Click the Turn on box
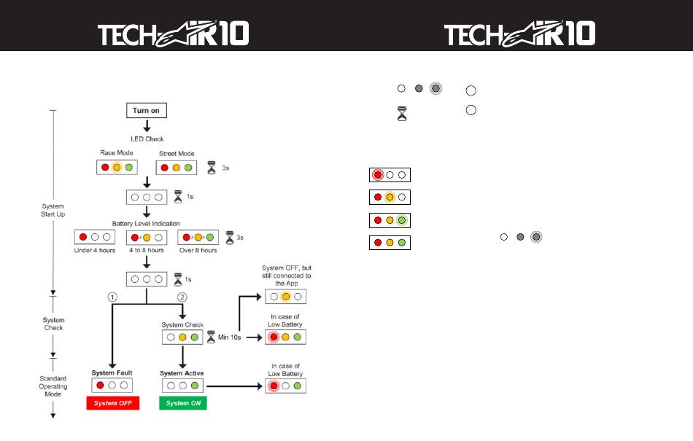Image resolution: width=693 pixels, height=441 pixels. [x=147, y=110]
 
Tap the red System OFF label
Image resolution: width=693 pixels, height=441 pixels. [x=112, y=403]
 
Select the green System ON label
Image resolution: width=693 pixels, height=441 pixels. [x=183, y=403]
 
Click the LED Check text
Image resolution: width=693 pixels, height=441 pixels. [x=147, y=139]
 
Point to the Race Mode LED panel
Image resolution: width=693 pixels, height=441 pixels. [x=117, y=168]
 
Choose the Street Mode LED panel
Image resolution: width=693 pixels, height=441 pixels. [x=177, y=168]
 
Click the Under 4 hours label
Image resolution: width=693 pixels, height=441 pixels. [x=95, y=250]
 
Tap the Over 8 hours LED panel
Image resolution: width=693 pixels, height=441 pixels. [x=198, y=238]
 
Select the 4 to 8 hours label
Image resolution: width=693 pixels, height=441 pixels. [x=147, y=250]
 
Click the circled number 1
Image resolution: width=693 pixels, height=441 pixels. [x=112, y=297]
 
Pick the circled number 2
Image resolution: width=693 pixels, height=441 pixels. [x=182, y=297]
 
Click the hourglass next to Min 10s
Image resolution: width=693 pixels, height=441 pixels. [x=212, y=337]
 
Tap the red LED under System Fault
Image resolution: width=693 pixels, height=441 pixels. [x=101, y=386]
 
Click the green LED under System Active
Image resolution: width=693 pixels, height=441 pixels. [x=195, y=386]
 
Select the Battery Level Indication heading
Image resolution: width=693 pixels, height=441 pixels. [x=146, y=224]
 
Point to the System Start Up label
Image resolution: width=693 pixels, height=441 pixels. [x=53, y=210]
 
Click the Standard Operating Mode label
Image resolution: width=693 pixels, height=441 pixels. [x=53, y=386]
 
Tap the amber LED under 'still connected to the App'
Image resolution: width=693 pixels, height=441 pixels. [x=286, y=297]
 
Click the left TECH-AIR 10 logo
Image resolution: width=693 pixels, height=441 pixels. [x=174, y=34]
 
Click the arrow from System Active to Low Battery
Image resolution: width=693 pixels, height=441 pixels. [x=235, y=386]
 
